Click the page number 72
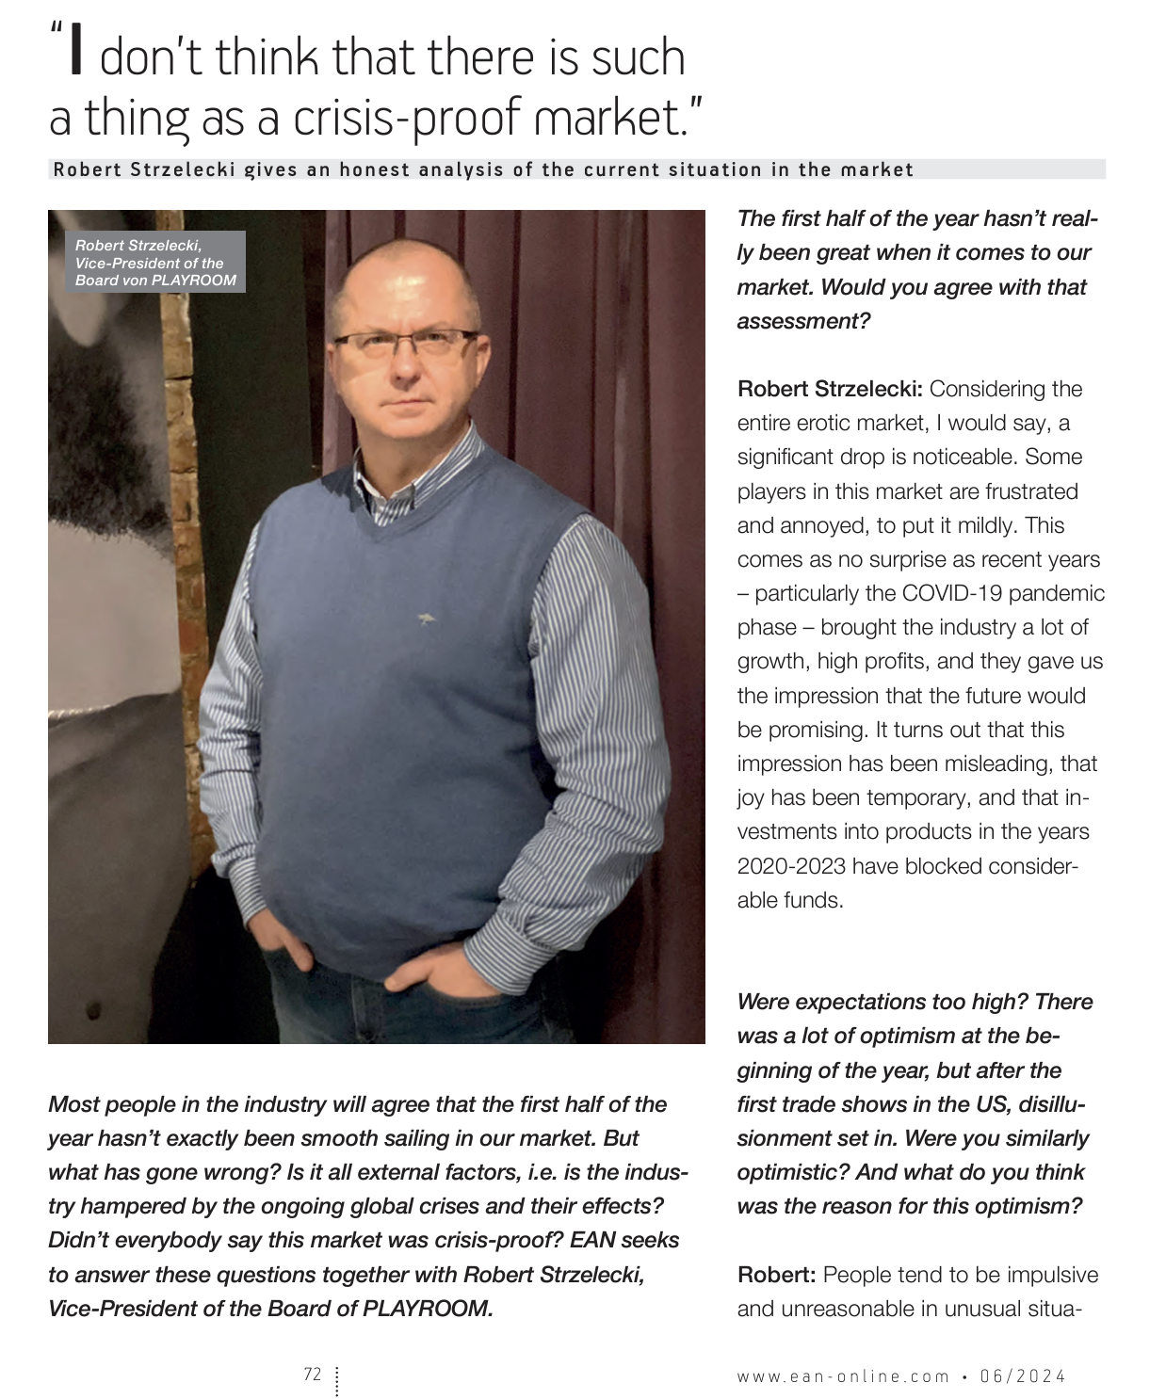coord(313,1375)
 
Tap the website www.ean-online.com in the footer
coord(843,1376)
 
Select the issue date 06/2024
coord(1023,1376)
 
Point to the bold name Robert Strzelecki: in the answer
coord(830,389)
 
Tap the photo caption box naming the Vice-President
coord(155,263)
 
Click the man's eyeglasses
coord(405,343)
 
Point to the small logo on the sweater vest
coord(426,619)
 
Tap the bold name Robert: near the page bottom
coord(776,1275)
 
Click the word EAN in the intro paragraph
coord(592,1240)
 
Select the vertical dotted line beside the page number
coord(336,1380)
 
